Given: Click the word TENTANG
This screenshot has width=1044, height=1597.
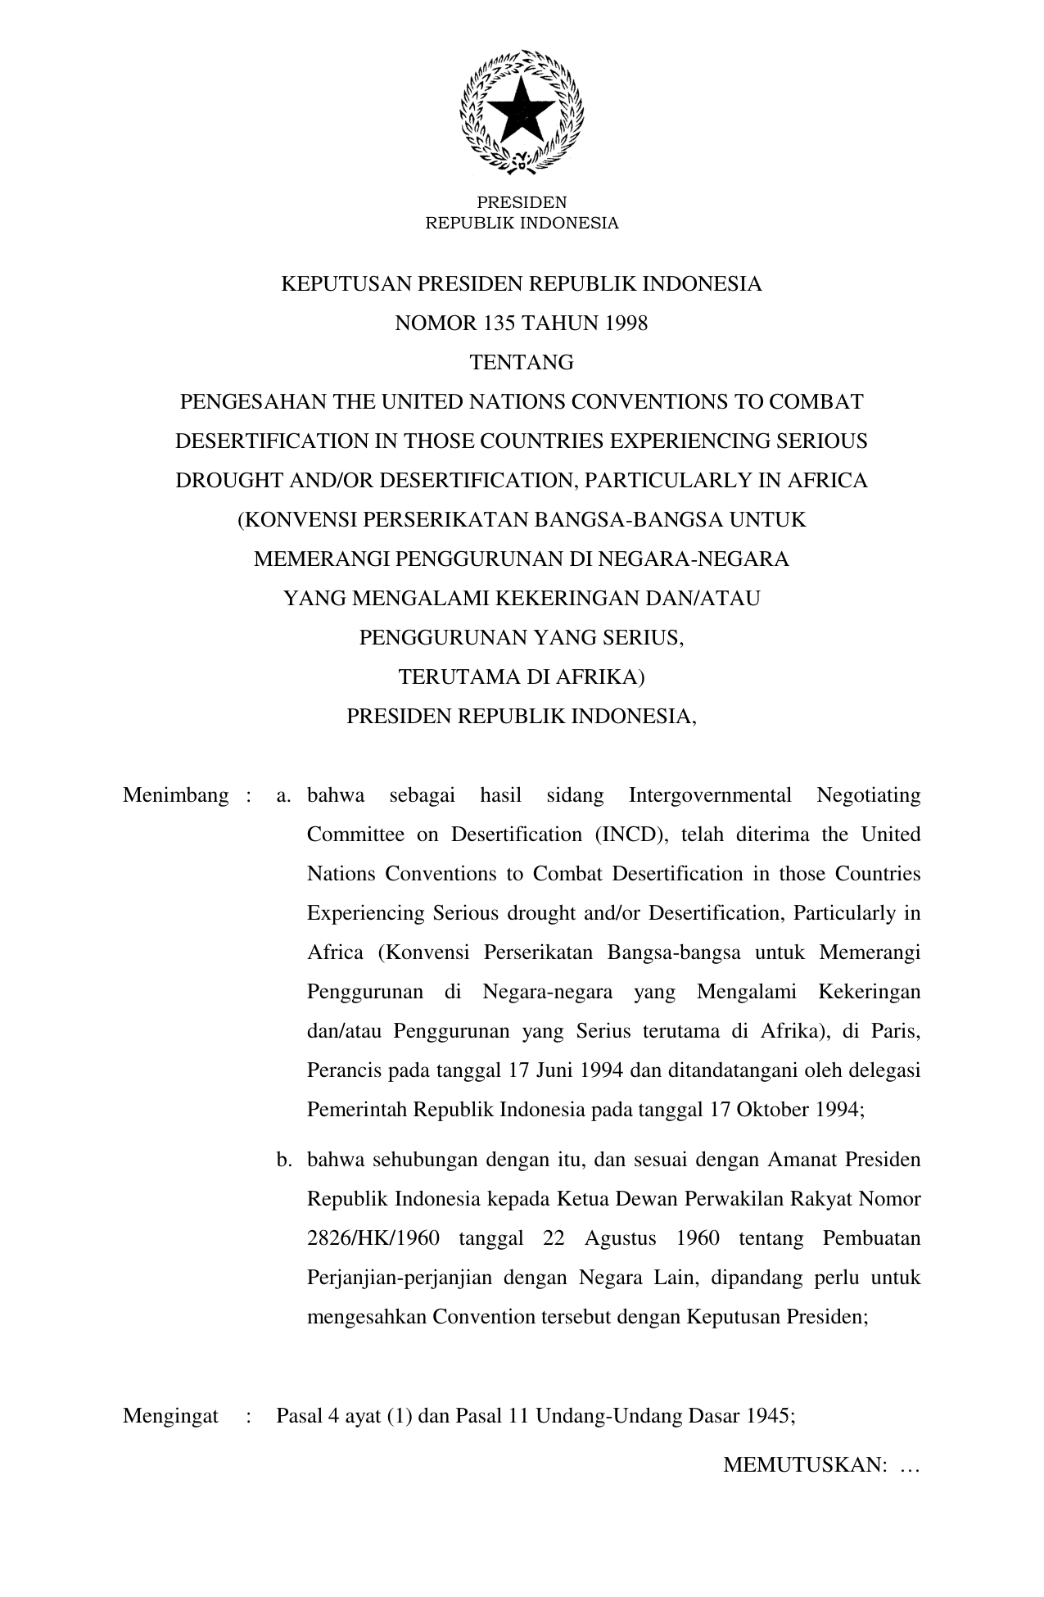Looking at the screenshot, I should click(522, 363).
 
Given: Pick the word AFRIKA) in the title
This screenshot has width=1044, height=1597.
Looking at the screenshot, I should click(601, 677).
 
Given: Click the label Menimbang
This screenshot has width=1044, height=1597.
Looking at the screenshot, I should click(175, 795).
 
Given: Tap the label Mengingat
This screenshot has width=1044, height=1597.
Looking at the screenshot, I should click(170, 1417).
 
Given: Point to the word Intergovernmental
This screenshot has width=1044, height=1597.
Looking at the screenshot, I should click(710, 795).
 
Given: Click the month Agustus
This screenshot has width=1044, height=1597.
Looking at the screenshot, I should click(620, 1238).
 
